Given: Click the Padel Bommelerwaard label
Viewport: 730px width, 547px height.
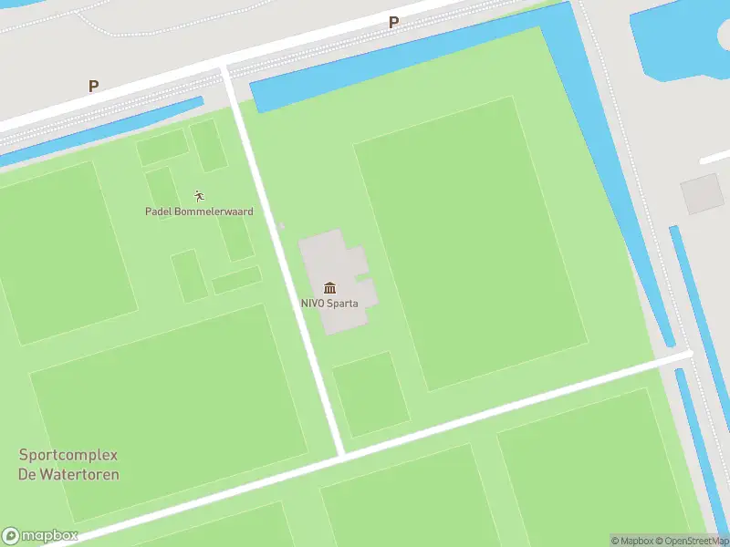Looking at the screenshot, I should pos(199,212).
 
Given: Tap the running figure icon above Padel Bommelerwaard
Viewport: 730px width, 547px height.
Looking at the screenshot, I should pos(199,195).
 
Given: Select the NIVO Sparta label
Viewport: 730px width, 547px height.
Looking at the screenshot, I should pos(328,304).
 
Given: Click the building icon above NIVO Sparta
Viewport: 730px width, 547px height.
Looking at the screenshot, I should pos(328,288).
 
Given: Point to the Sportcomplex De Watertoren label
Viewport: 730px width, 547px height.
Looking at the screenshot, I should pos(68,464).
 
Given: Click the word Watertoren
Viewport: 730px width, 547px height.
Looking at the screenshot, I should pos(68,474).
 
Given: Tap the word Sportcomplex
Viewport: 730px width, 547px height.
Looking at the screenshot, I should pos(68,455).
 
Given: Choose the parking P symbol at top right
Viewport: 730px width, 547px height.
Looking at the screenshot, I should pos(394,22).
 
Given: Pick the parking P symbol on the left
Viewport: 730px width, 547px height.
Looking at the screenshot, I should pos(93,86).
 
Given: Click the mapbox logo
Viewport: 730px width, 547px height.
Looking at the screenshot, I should pos(40,536).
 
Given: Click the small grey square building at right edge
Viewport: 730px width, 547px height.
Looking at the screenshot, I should pos(702,193).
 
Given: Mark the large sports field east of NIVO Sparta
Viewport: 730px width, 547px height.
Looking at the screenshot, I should pos(469,242).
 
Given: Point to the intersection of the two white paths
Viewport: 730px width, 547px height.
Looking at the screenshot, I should pos(341,453).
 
